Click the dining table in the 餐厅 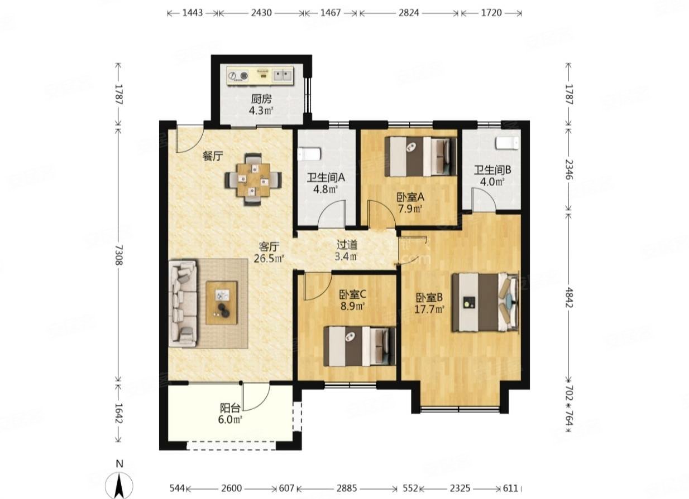253,180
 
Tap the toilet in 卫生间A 309,154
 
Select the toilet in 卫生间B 506,143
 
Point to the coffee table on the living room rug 222,303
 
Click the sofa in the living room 183,304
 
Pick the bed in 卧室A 420,157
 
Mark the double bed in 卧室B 485,303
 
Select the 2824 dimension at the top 409,13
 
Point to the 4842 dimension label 569,297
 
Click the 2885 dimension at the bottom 346,488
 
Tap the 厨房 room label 261,99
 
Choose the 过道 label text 347,245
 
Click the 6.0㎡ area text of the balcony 230,419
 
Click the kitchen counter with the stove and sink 260,75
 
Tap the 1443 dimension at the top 193,13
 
